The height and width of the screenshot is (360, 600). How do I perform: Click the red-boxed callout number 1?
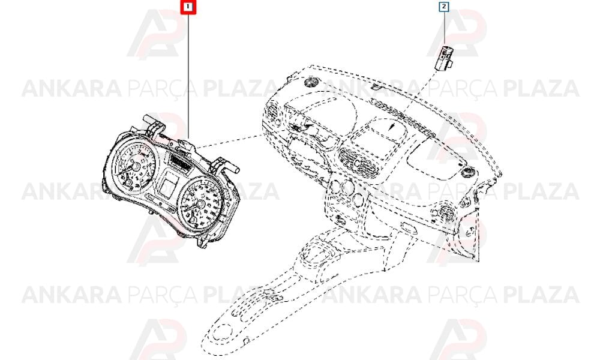tap(188, 7)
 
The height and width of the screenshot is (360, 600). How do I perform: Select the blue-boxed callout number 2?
tap(443, 7)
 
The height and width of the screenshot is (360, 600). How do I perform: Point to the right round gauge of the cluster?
tap(200, 203)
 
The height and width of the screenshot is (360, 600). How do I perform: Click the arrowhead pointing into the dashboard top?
tap(391, 128)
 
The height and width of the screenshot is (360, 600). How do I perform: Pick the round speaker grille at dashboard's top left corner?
tap(310, 82)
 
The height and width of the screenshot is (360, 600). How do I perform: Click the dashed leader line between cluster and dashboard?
tap(229, 141)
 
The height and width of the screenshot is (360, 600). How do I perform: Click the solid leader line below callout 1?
tap(188, 76)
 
